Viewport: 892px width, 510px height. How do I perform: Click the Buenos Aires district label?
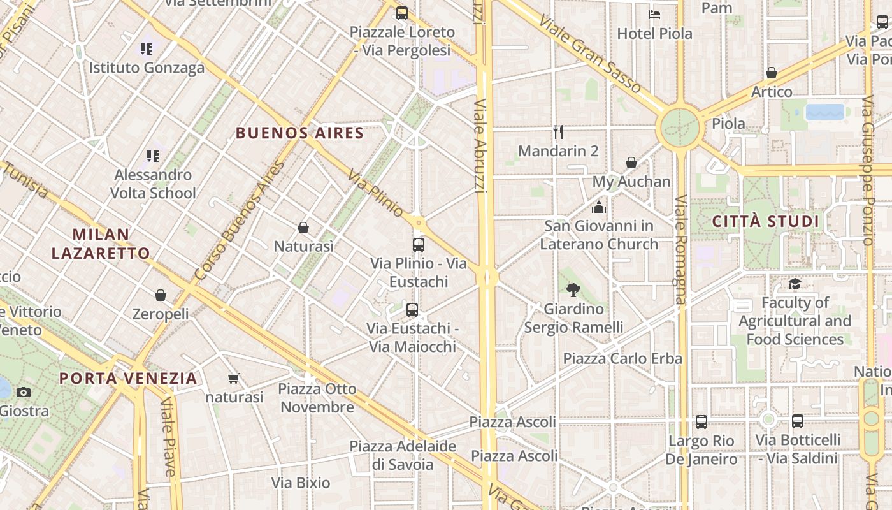point(299,133)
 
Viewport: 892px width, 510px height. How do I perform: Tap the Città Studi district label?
point(765,222)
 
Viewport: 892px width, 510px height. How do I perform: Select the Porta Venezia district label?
point(128,378)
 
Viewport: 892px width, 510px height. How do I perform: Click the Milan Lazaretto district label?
point(101,244)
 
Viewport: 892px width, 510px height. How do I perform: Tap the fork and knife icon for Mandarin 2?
point(558,132)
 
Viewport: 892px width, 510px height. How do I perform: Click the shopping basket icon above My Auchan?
point(631,163)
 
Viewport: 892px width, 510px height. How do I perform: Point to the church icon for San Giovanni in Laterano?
point(598,207)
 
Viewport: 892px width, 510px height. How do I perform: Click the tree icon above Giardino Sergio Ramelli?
point(573,290)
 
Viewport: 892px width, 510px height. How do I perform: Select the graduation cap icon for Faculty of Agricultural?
point(795,284)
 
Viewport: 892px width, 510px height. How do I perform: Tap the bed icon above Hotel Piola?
point(654,15)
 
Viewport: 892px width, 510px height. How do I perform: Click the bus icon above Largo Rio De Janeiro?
point(701,421)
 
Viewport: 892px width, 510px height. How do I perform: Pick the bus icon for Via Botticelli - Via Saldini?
point(797,421)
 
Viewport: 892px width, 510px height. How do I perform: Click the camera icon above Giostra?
point(24,392)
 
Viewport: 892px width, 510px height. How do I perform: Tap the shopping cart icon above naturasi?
point(234,378)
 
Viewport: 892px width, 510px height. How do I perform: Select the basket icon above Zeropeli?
point(161,295)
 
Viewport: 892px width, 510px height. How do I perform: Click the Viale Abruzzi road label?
point(480,145)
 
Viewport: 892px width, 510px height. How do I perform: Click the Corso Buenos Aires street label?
point(240,221)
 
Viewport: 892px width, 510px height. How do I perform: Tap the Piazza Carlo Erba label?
point(622,358)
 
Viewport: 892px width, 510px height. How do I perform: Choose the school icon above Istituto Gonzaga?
point(147,48)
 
